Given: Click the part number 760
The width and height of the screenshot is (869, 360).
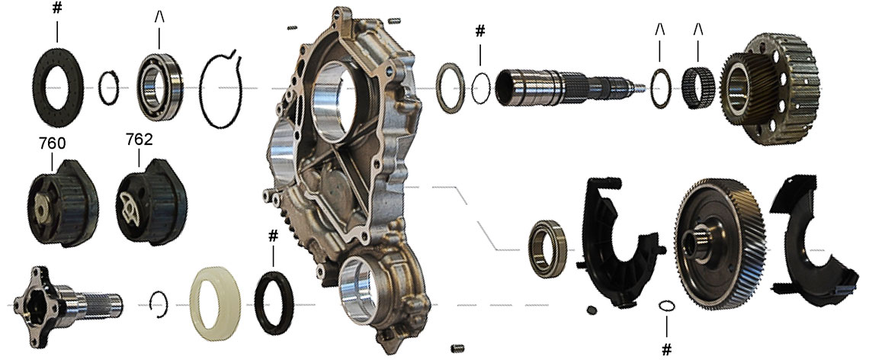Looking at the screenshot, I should [x=52, y=143].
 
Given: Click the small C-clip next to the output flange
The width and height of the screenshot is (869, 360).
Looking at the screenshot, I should [x=158, y=302].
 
